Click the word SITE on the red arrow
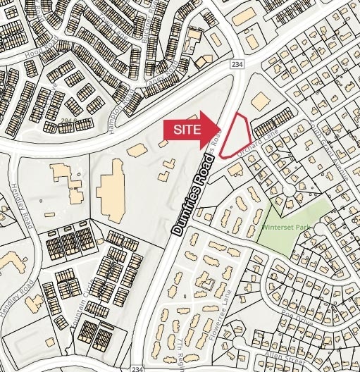pos(185,130)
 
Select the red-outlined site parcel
pos(237,134)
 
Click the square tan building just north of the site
pos(260,101)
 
